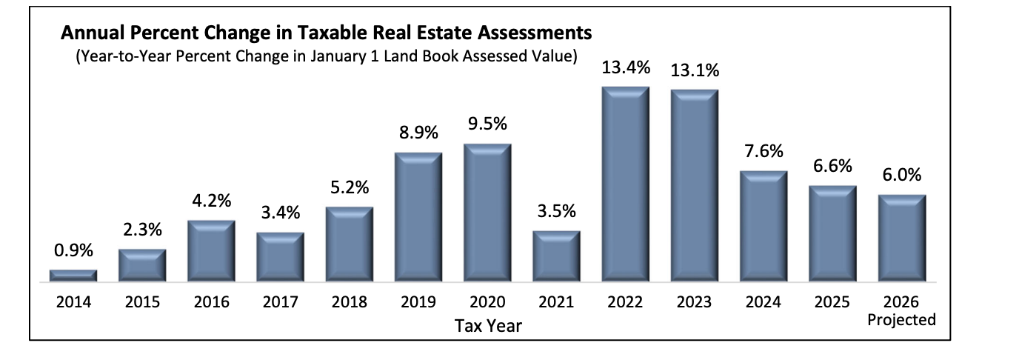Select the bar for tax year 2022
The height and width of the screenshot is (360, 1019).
(x=626, y=184)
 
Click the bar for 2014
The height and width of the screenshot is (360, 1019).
(x=73, y=276)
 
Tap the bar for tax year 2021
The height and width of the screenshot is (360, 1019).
(x=557, y=256)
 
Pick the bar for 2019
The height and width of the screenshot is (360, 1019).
(x=418, y=217)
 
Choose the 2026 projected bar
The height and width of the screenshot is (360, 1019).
(x=901, y=238)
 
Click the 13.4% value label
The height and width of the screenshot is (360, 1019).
(x=626, y=69)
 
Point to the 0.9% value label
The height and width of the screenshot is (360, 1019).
(x=73, y=252)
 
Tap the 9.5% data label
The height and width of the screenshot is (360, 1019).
(x=488, y=124)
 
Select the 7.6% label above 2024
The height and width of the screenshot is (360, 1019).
(x=764, y=152)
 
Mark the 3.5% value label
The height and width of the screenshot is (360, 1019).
(x=557, y=212)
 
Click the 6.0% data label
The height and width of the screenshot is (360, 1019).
(x=901, y=176)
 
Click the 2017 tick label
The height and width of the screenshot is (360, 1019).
(x=281, y=302)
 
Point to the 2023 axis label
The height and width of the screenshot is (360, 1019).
(x=694, y=302)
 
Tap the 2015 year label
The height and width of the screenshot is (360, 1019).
(x=142, y=302)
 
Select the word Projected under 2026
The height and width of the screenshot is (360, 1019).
(x=901, y=320)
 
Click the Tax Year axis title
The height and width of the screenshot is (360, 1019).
(x=488, y=325)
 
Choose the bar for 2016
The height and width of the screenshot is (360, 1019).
(x=212, y=251)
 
